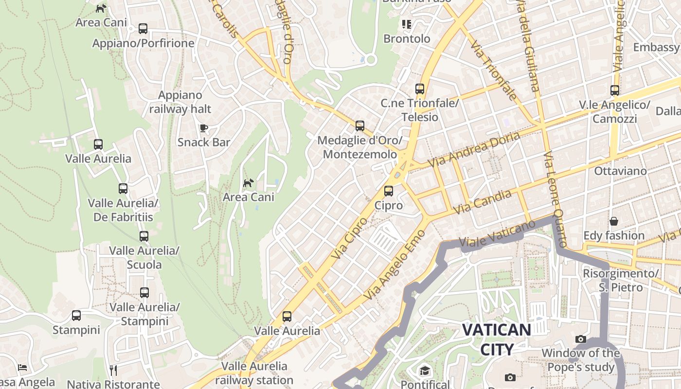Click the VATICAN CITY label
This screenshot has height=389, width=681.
496,339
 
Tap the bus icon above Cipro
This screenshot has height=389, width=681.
388,191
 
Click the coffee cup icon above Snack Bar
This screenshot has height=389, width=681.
204,128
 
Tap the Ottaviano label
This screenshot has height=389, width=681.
620,171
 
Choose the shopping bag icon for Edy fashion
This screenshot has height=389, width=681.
614,221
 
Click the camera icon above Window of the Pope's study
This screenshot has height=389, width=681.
580,339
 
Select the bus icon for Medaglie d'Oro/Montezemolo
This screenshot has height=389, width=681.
360,126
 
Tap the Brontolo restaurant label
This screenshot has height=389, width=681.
407,38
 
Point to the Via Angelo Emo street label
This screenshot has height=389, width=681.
394,265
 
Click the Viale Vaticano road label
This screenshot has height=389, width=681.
497,234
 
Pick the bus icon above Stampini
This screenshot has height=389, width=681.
76,316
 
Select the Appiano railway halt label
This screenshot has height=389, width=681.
180,102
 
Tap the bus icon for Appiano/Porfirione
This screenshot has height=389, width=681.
143,29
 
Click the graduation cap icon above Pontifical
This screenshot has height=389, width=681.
425,371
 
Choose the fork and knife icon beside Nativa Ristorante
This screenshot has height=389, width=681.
113,371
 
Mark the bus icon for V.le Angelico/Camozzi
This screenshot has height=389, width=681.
615,90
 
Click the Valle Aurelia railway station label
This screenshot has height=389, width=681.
254,373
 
